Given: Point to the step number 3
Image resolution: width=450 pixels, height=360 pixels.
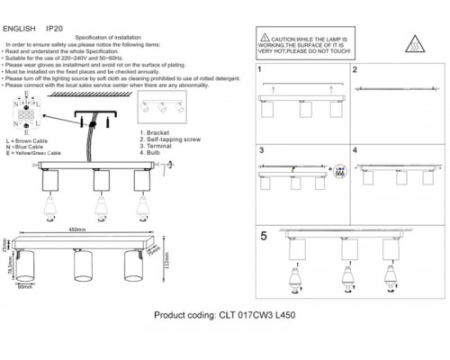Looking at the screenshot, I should [261, 150].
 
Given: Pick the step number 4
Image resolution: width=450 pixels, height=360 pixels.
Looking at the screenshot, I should [355, 150].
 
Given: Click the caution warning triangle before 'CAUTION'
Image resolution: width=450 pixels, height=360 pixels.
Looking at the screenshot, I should [265, 38].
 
